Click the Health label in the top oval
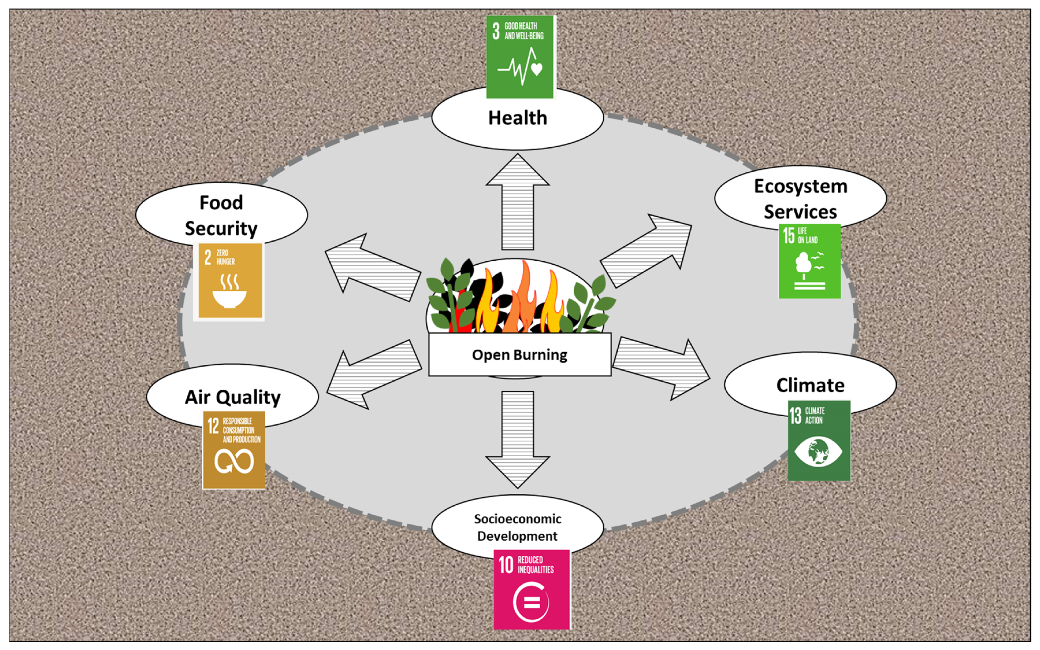(518, 118)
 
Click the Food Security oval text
(221, 215)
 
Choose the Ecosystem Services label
(800, 199)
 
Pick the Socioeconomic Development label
(518, 527)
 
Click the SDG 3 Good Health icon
(520, 57)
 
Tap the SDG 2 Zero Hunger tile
(230, 281)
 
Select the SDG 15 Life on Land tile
(809, 261)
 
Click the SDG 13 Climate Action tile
(819, 440)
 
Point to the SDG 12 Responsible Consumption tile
(234, 450)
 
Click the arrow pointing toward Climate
(662, 368)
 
